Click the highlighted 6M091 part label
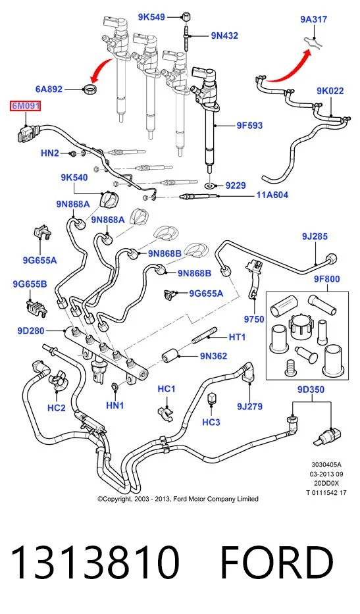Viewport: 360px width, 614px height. pyautogui.click(x=25, y=106)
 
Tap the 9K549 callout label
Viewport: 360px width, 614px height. pyautogui.click(x=151, y=17)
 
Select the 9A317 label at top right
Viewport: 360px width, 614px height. pyautogui.click(x=314, y=19)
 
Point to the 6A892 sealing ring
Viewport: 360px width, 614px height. pyautogui.click(x=90, y=89)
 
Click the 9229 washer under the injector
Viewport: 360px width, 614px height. pyautogui.click(x=211, y=185)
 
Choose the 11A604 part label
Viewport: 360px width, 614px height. pyautogui.click(x=272, y=195)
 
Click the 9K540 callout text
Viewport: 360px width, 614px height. pyautogui.click(x=74, y=178)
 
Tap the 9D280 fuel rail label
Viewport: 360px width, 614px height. pyautogui.click(x=31, y=331)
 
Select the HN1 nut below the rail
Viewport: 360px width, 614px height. pyautogui.click(x=115, y=387)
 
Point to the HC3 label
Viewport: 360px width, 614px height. pyautogui.click(x=211, y=422)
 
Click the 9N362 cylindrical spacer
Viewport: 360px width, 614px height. pyautogui.click(x=170, y=356)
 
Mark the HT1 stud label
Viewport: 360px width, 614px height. pyautogui.click(x=237, y=337)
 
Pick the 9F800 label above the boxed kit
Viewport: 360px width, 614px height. pyautogui.click(x=326, y=279)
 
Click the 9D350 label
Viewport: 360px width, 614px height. pyautogui.click(x=311, y=390)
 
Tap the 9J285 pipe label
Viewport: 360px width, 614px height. pyautogui.click(x=315, y=236)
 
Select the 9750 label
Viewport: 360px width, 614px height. pyautogui.click(x=254, y=320)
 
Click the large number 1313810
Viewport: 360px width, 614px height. pyautogui.click(x=95, y=563)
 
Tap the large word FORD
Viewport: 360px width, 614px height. pyautogui.click(x=276, y=563)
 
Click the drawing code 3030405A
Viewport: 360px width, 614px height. pyautogui.click(x=326, y=465)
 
